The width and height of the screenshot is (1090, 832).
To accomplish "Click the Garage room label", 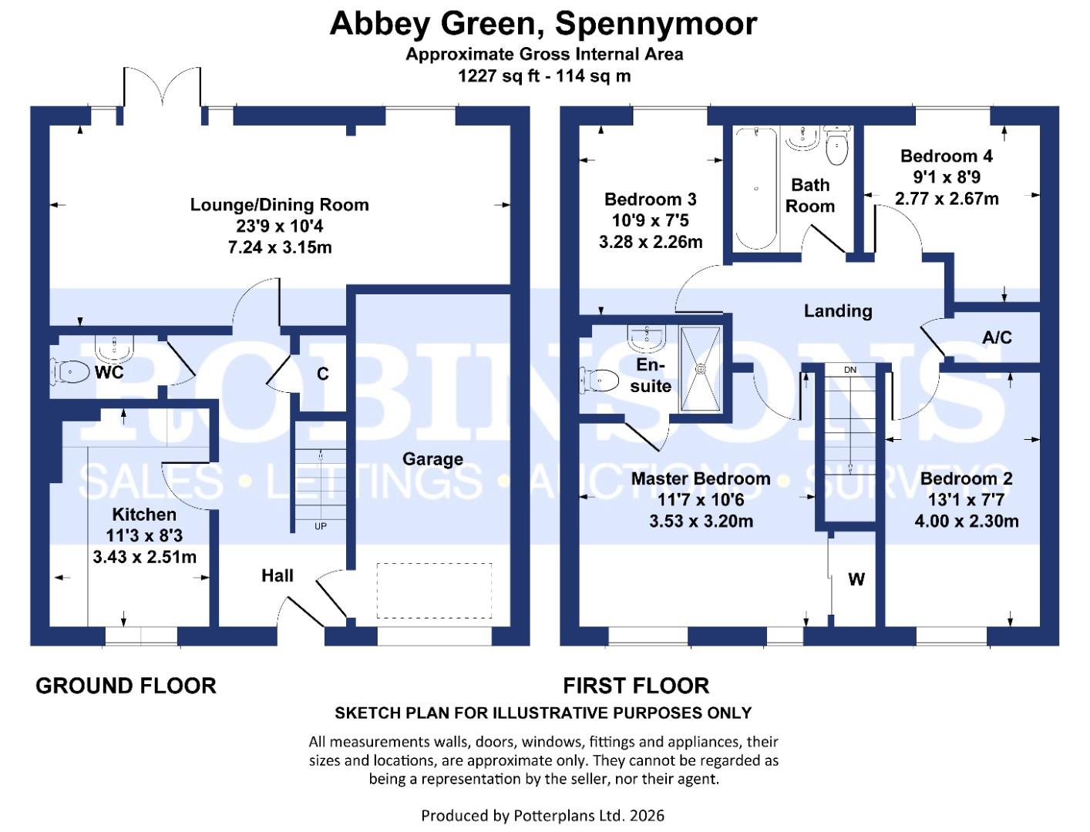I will point(432,459).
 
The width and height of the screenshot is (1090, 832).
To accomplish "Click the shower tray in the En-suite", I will point(701,369).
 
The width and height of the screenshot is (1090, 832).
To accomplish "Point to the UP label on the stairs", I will point(320,526).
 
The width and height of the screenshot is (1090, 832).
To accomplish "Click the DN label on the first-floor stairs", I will point(849,370).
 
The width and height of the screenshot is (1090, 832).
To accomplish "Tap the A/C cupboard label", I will point(997,337).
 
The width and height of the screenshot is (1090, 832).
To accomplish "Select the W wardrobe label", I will point(856,579).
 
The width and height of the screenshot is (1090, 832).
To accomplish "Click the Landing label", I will point(838,311).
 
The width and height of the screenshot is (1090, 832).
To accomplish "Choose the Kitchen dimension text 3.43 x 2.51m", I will point(145,556).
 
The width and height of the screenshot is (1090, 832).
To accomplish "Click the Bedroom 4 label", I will point(947,156).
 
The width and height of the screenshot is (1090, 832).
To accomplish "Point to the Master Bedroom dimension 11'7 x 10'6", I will point(701,500).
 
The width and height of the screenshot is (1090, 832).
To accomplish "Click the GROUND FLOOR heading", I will point(126,686).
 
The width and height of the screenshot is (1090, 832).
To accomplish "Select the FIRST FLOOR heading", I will point(635,686).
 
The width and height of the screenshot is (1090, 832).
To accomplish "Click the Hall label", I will point(278,575).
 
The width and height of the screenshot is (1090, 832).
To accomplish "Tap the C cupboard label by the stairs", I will point(323,374).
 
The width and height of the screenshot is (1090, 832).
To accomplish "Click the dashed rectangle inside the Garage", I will point(434,591).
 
